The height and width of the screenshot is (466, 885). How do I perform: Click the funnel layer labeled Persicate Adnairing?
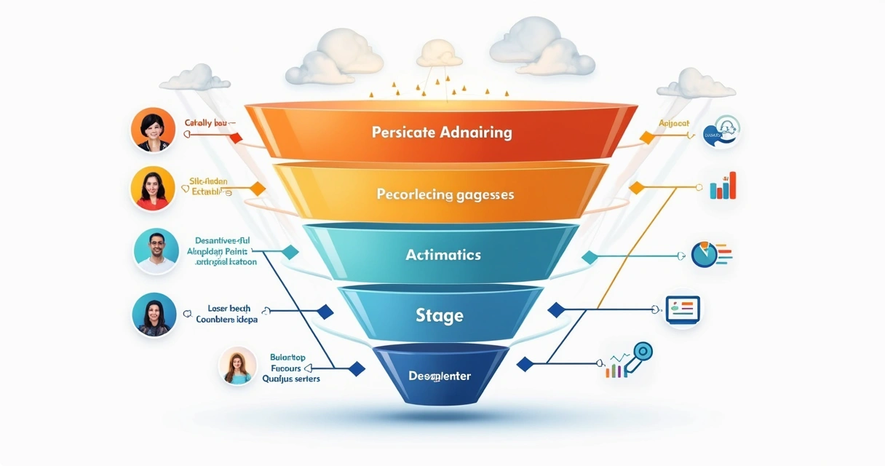(x=441, y=133)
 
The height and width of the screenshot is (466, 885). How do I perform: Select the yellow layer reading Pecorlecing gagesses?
(x=445, y=194)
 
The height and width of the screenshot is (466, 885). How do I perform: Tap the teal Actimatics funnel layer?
(x=442, y=255)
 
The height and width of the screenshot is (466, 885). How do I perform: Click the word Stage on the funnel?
(x=440, y=315)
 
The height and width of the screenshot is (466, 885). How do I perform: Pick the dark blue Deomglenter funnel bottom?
(x=439, y=376)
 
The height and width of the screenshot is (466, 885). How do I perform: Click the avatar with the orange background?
(x=152, y=130)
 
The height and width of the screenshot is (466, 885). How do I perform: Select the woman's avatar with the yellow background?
(x=152, y=189)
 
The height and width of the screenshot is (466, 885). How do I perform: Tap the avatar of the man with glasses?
(x=156, y=251)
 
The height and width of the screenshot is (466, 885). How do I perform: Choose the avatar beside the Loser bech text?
(x=154, y=315)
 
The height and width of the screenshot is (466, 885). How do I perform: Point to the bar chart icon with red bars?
(x=723, y=186)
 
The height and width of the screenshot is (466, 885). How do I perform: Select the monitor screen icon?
(x=682, y=309)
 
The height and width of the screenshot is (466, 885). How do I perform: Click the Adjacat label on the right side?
(x=673, y=124)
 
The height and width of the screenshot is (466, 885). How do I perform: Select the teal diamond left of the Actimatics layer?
(x=290, y=252)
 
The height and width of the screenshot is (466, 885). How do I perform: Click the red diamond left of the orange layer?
(x=235, y=138)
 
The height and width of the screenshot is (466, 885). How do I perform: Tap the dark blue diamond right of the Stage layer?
(x=556, y=309)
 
